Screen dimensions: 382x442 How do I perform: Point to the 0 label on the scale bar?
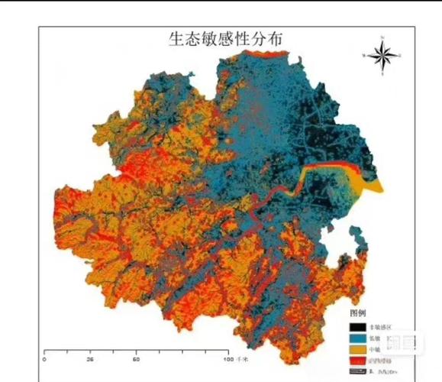[x=45, y=358]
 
